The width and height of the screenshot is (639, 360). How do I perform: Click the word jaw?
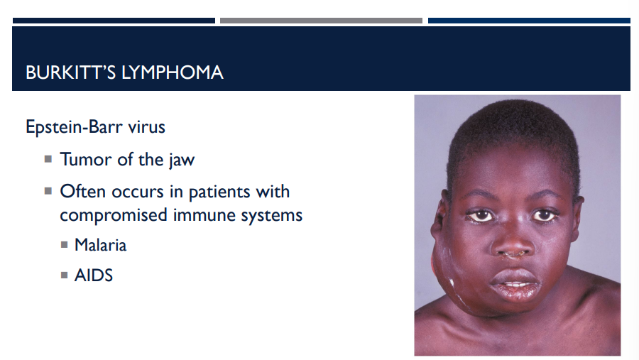[181, 160]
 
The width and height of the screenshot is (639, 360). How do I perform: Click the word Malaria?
[101, 245]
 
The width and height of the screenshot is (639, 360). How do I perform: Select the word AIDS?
[94, 276]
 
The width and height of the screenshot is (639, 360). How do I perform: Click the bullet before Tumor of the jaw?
[48, 159]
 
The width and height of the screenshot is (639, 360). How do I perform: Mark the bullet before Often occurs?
[48, 191]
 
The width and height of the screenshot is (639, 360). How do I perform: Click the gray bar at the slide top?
[321, 21]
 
